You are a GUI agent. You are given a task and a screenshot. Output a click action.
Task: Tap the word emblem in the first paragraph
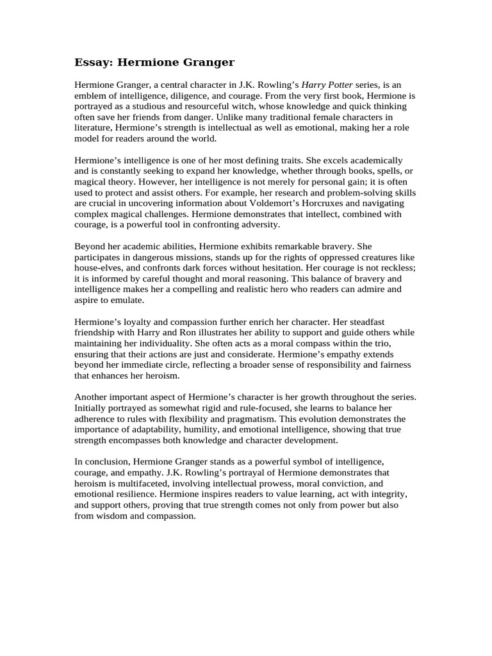90,95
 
